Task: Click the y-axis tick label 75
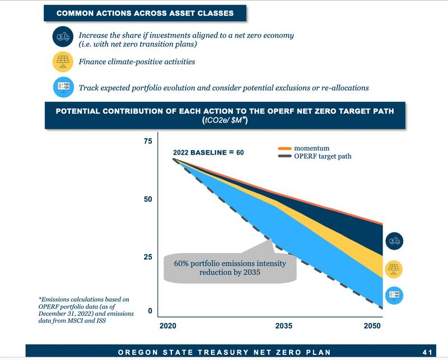(x=148, y=141)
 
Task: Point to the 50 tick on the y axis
(x=148, y=199)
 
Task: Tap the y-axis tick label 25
(x=148, y=257)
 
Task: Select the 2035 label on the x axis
(x=284, y=326)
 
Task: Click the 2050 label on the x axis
(x=372, y=326)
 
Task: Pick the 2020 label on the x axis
(x=168, y=326)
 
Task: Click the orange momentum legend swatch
(x=285, y=148)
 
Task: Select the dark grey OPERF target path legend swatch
(x=285, y=156)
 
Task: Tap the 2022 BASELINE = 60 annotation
(x=208, y=153)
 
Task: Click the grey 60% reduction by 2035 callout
(x=230, y=268)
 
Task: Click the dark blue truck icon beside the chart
(x=394, y=241)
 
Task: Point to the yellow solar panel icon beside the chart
(x=394, y=269)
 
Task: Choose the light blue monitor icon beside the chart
(x=394, y=295)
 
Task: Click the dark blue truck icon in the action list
(x=63, y=36)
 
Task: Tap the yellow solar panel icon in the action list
(x=63, y=62)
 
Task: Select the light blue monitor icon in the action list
(x=63, y=87)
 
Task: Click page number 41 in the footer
(x=427, y=352)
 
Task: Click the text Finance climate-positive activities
(x=137, y=62)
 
